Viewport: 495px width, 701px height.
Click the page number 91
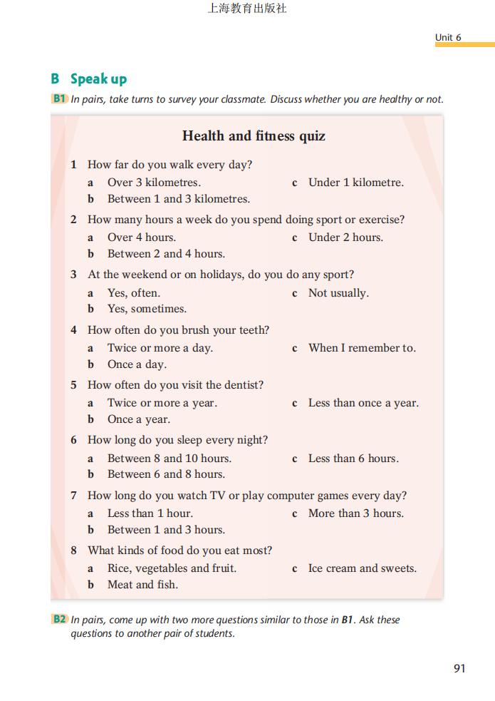[459, 668]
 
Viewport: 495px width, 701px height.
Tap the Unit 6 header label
[448, 37]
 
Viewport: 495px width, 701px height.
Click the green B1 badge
[60, 99]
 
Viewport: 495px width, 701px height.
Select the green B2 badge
[60, 619]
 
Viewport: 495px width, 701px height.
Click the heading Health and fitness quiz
[254, 135]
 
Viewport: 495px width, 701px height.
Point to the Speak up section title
[98, 78]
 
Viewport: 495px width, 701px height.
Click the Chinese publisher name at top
[247, 9]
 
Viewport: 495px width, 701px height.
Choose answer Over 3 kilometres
[154, 183]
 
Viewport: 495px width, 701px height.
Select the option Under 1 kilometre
[355, 183]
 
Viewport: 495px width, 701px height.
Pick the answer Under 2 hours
[345, 237]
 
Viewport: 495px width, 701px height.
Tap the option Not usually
[338, 293]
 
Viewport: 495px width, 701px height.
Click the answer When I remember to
[362, 348]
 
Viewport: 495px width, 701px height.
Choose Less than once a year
[363, 403]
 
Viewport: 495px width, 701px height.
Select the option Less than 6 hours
[353, 459]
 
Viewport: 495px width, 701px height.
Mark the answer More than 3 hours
[355, 513]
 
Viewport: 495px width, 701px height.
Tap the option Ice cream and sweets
[362, 568]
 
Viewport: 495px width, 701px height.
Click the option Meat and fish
[142, 585]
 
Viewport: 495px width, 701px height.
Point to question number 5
[73, 385]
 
